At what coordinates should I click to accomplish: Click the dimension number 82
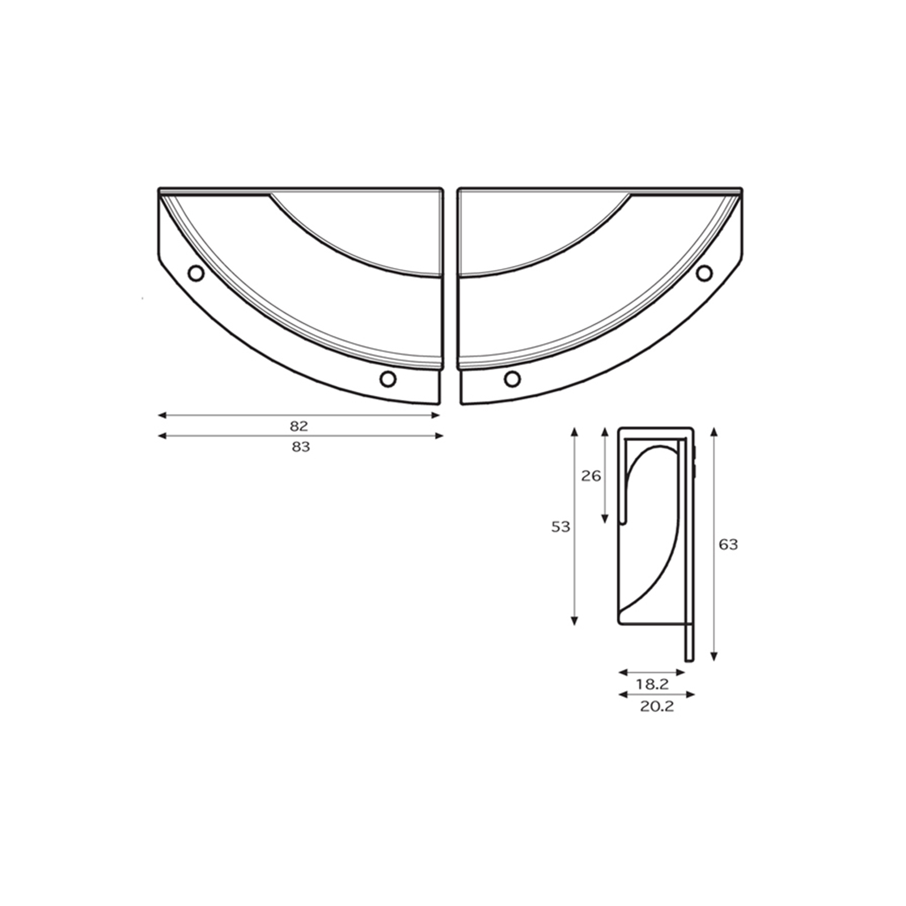pyautogui.click(x=299, y=426)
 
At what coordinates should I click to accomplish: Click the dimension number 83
pyautogui.click(x=301, y=447)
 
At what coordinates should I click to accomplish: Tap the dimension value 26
pyautogui.click(x=591, y=476)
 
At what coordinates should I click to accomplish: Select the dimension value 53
pyautogui.click(x=561, y=527)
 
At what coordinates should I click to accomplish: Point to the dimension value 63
pyautogui.click(x=728, y=544)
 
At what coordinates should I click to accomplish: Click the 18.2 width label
pyautogui.click(x=652, y=684)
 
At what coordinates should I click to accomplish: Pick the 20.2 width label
pyautogui.click(x=657, y=706)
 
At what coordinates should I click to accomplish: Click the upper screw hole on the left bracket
pyautogui.click(x=196, y=273)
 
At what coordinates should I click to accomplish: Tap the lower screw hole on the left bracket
pyautogui.click(x=388, y=379)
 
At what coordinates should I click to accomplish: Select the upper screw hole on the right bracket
pyautogui.click(x=704, y=273)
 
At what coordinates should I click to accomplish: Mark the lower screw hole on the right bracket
pyautogui.click(x=512, y=379)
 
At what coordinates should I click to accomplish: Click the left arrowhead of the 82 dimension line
pyautogui.click(x=161, y=415)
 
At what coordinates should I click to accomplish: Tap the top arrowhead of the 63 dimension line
pyautogui.click(x=714, y=431)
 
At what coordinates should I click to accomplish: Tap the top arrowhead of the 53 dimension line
pyautogui.click(x=574, y=431)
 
